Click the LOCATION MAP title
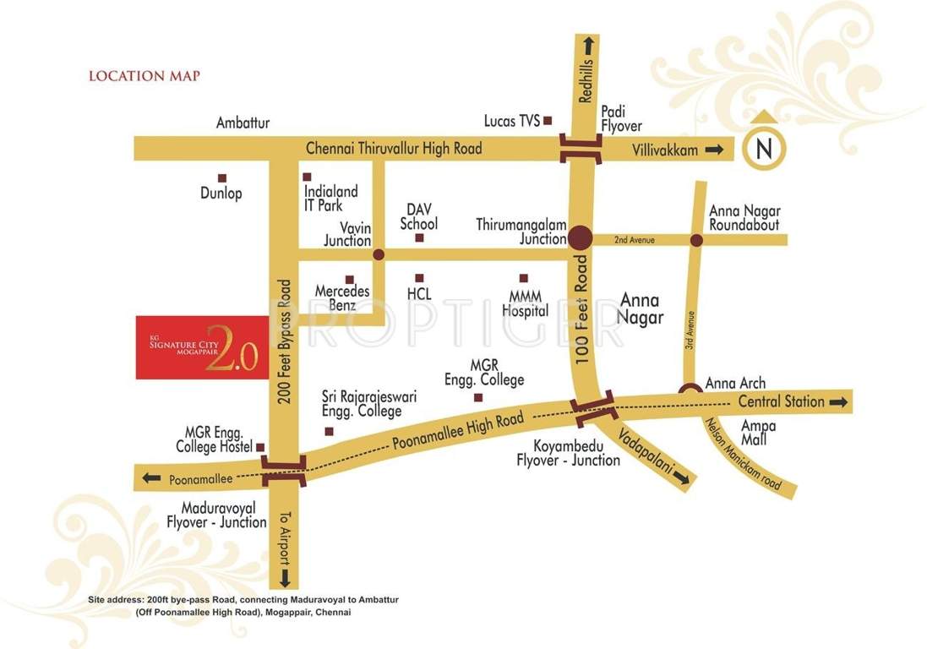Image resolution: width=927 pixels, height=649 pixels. (x=145, y=76)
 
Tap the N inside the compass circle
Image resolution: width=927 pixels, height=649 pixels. (x=764, y=150)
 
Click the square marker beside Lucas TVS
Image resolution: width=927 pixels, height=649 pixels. (x=548, y=121)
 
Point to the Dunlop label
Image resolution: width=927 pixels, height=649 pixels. (x=221, y=194)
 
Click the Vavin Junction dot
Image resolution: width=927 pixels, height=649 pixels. (x=378, y=254)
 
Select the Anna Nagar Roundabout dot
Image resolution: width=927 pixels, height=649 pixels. (x=695, y=241)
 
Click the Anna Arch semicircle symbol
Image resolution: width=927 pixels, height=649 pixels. (x=690, y=390)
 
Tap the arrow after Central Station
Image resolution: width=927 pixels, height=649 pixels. (x=837, y=402)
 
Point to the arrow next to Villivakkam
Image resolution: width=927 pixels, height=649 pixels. (x=715, y=150)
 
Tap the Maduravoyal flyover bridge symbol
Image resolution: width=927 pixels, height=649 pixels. (x=283, y=470)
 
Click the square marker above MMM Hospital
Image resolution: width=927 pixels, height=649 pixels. (x=523, y=278)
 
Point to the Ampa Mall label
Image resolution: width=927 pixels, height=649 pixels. (x=757, y=434)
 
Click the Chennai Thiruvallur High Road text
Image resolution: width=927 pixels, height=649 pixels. (x=394, y=149)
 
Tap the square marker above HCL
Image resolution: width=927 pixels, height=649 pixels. (x=418, y=277)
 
